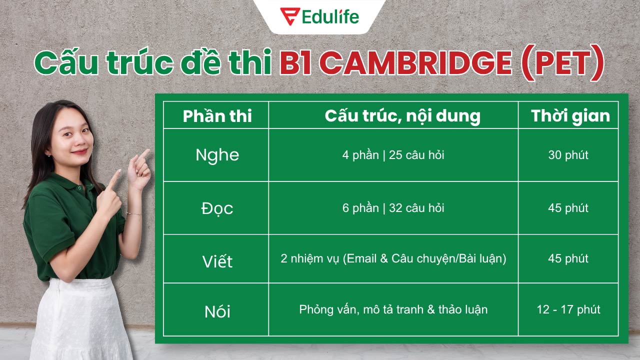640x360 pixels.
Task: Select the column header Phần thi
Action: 217,116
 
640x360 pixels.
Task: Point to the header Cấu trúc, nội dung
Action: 402,116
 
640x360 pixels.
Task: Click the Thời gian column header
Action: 570,116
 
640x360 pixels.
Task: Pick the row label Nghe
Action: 217,155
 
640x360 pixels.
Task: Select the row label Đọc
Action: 217,208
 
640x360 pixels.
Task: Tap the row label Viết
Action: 217,261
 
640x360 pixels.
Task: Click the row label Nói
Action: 217,311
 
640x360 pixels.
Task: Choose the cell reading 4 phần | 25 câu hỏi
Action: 393,155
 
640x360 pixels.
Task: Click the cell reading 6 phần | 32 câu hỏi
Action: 393,208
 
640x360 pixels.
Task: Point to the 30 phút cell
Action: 568,155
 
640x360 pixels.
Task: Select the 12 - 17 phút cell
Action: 568,309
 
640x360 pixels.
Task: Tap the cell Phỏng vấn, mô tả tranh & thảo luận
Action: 393,309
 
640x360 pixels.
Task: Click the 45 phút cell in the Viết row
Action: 568,258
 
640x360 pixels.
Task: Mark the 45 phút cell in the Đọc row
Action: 568,208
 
